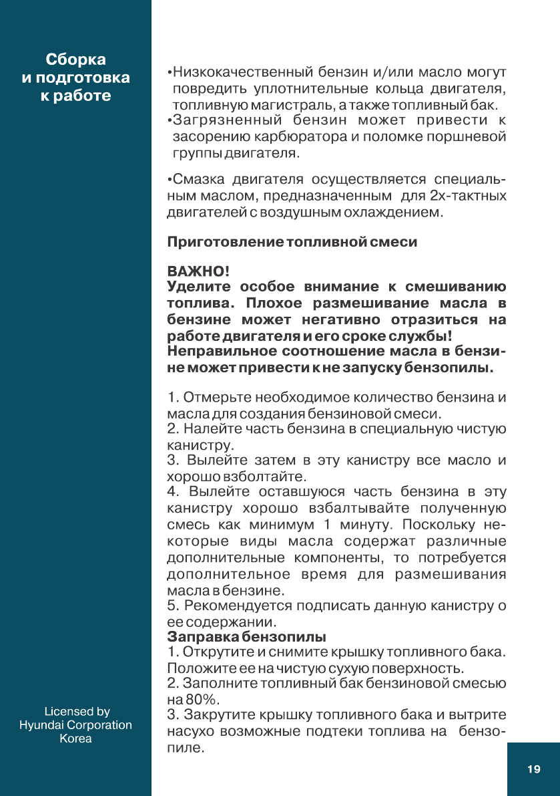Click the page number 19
(x=533, y=769)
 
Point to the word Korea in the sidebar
(x=75, y=739)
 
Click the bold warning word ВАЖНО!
(x=198, y=273)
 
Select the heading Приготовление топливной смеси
(x=292, y=242)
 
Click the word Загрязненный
(x=227, y=120)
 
